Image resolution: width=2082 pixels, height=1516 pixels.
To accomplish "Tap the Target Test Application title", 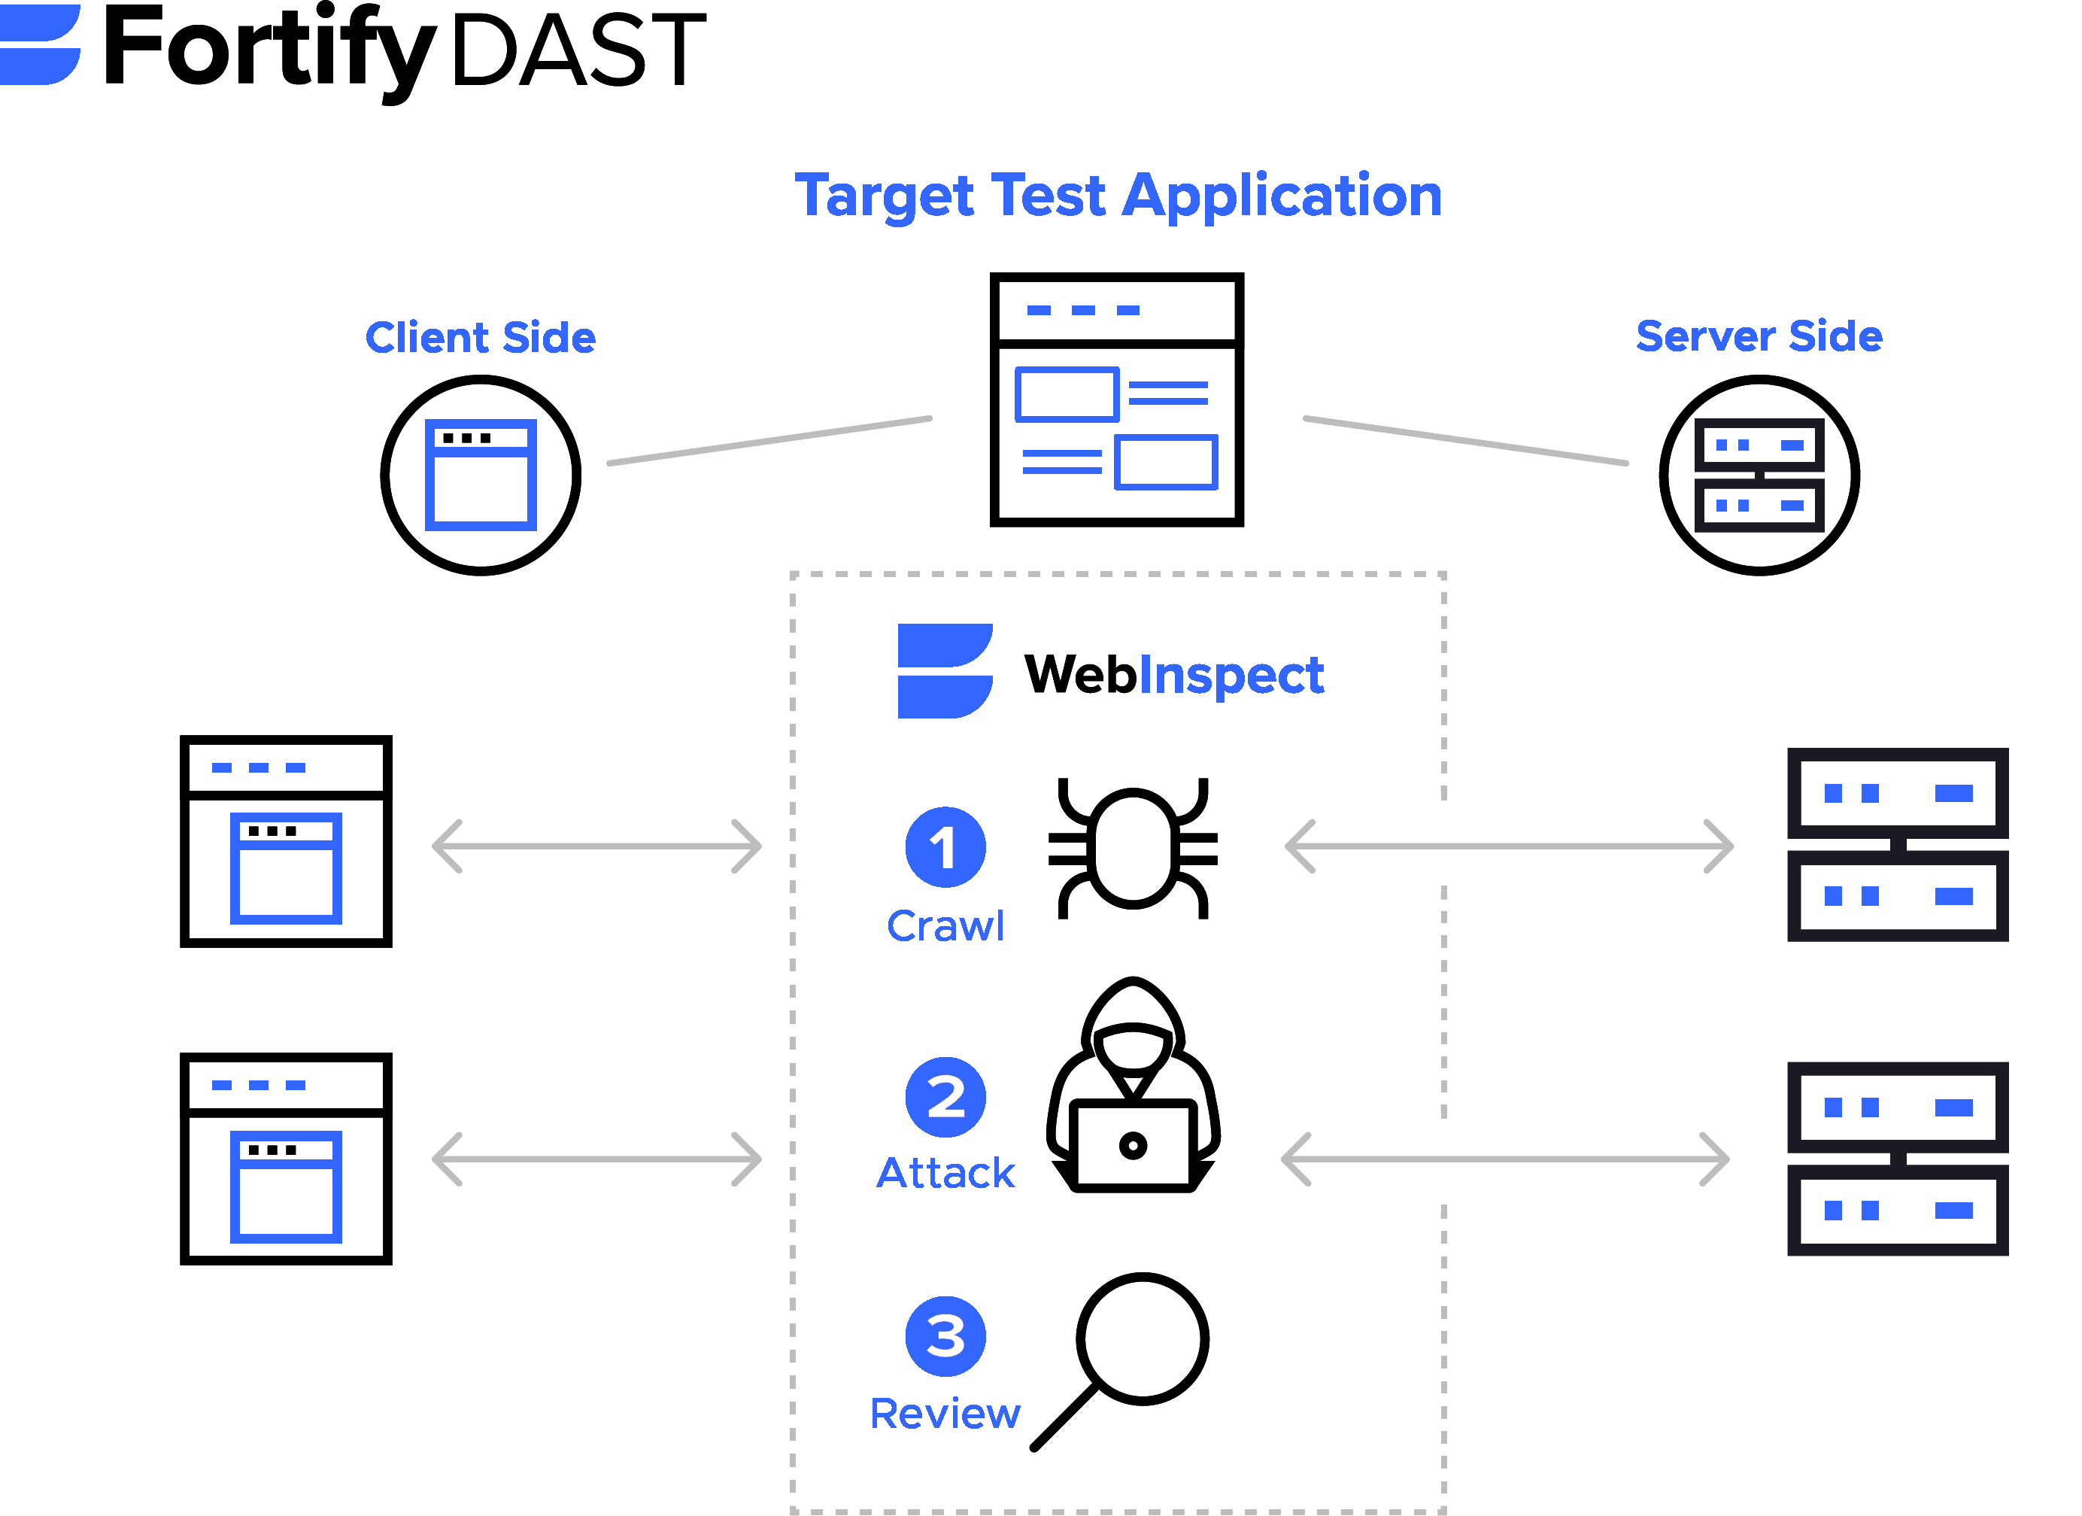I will coord(1118,196).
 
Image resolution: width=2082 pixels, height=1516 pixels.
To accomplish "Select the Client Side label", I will coord(481,337).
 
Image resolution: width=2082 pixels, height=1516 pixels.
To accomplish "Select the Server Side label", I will coord(1759,336).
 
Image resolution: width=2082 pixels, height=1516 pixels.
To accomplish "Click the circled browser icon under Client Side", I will coord(481,475).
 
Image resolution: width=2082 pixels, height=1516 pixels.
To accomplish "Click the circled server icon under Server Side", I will coord(1759,475).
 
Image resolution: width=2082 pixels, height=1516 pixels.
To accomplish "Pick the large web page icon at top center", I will coord(1116,400).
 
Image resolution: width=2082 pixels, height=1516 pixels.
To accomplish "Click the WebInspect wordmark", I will coord(1173,675).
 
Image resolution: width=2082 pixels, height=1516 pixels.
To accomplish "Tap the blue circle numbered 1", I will coord(945,846).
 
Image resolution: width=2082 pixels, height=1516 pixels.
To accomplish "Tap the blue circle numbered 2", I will coord(945,1096).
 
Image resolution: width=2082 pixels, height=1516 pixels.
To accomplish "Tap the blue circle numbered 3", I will coord(945,1336).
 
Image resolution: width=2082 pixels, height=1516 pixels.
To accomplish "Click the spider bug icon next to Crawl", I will coord(1133,846).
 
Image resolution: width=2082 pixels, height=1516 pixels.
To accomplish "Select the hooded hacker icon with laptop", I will coord(1133,1088).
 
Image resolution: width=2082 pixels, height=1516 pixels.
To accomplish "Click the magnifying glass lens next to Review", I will coord(1142,1338).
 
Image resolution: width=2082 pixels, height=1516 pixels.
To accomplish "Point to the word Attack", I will coord(945,1174).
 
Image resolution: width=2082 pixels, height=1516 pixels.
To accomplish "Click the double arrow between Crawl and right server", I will coord(1509,846).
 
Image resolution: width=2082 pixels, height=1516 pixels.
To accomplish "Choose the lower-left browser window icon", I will coord(286,1158).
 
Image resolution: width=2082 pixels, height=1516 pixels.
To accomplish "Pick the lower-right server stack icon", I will coord(1896,1158).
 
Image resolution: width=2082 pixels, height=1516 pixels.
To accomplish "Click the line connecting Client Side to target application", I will coord(769,441).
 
